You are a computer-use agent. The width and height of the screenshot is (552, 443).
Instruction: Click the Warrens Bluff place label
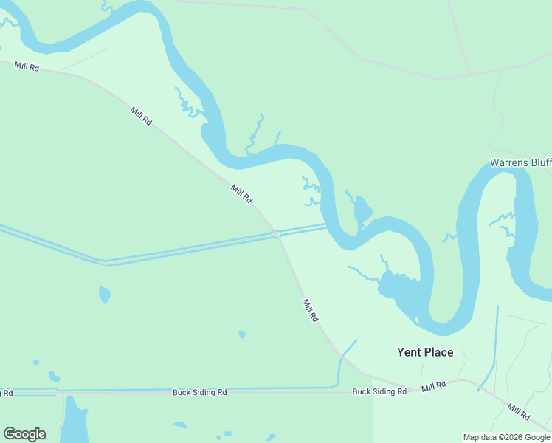click(x=520, y=162)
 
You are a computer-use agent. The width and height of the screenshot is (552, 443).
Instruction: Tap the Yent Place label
click(x=425, y=352)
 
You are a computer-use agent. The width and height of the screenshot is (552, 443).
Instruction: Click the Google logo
click(x=24, y=434)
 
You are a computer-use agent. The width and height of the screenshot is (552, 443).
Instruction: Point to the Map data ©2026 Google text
click(x=506, y=437)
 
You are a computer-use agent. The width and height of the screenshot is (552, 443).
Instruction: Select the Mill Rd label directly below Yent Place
click(x=434, y=386)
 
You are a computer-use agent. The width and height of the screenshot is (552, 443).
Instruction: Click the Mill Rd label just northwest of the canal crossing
click(x=241, y=194)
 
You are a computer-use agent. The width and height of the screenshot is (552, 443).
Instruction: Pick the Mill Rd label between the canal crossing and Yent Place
click(x=310, y=309)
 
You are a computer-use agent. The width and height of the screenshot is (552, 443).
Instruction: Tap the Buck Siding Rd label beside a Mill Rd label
click(x=379, y=391)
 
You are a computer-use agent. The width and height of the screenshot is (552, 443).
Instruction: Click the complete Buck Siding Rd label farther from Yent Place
click(x=199, y=392)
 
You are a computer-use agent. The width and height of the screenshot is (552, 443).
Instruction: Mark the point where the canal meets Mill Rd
click(x=276, y=234)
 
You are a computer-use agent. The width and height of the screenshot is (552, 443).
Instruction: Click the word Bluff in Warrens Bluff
click(x=540, y=162)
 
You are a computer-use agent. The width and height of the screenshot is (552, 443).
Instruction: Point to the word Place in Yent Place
click(x=438, y=352)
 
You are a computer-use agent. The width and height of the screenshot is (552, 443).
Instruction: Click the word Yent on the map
click(x=408, y=352)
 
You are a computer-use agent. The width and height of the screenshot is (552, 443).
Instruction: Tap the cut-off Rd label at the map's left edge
click(x=6, y=392)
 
